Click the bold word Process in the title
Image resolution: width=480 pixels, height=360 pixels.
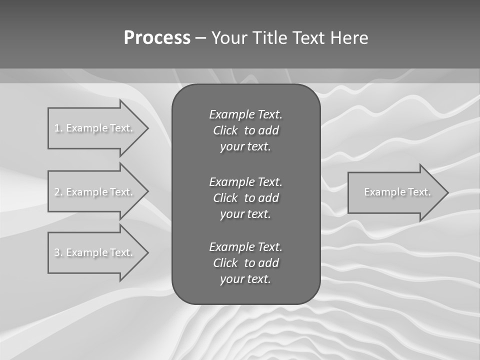coord(157,38)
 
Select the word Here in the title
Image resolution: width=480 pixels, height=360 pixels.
coord(349,38)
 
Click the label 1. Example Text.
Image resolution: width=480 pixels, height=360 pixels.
coord(93,128)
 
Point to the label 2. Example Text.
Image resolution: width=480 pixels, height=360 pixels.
coord(93,192)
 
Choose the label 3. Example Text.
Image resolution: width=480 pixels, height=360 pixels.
coord(93,252)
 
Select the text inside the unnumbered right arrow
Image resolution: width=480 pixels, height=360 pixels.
coord(397,192)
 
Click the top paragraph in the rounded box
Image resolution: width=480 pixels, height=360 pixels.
coord(245,130)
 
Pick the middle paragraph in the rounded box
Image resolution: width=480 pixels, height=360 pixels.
coord(245,197)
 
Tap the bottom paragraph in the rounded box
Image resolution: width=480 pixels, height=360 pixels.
coord(245,263)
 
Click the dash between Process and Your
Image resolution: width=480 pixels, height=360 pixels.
coord(201,38)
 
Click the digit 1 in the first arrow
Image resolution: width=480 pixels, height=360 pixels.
coord(56,128)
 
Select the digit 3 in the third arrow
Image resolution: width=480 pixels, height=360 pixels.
coord(56,252)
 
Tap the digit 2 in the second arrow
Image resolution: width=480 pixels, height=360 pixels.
coord(56,192)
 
